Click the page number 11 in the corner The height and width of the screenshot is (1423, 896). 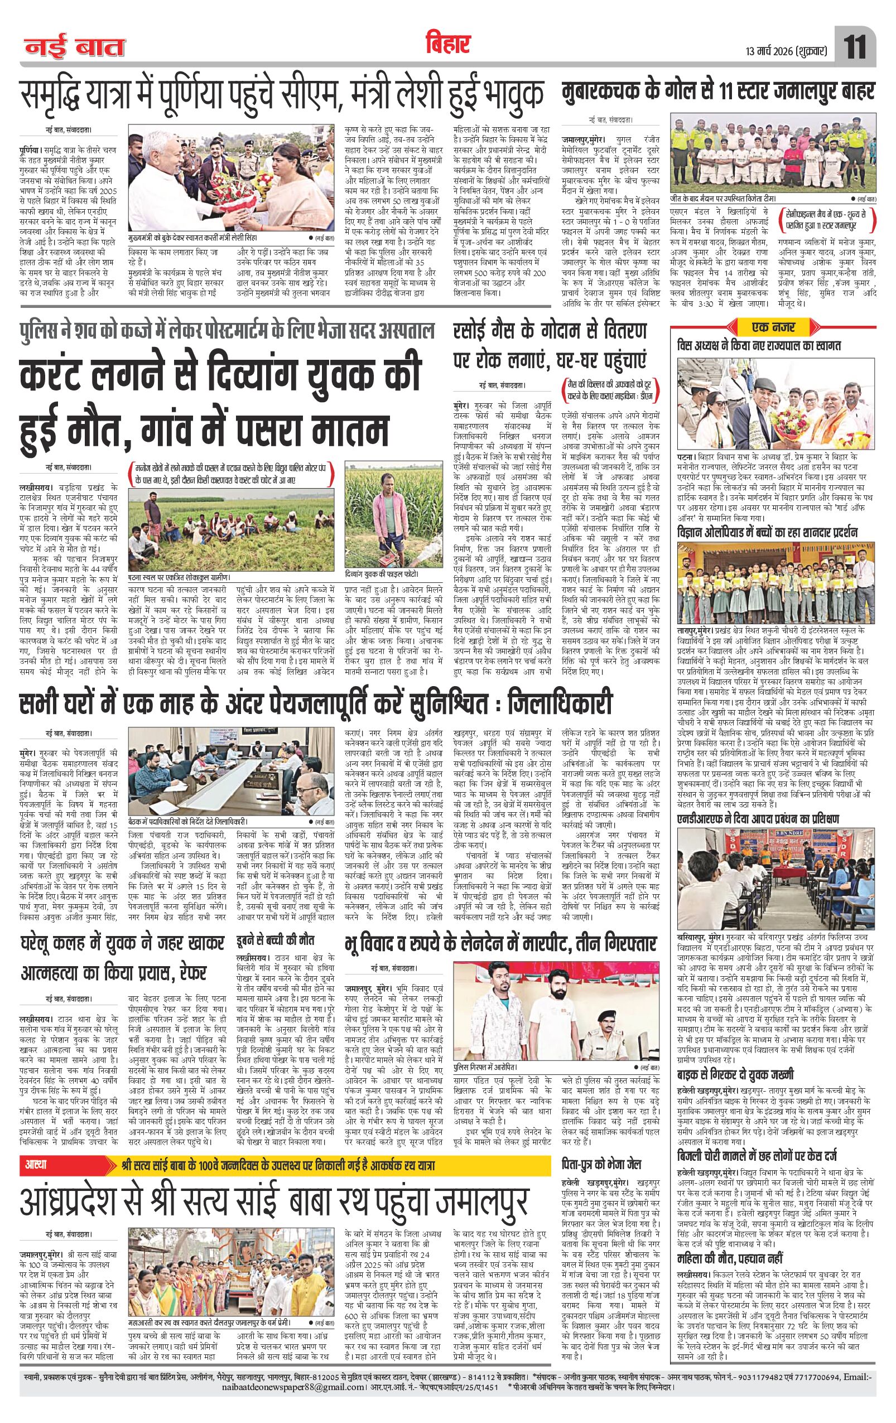[855, 47]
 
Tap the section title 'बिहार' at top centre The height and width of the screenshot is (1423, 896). [447, 43]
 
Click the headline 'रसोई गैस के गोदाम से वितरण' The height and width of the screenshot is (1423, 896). [550, 331]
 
